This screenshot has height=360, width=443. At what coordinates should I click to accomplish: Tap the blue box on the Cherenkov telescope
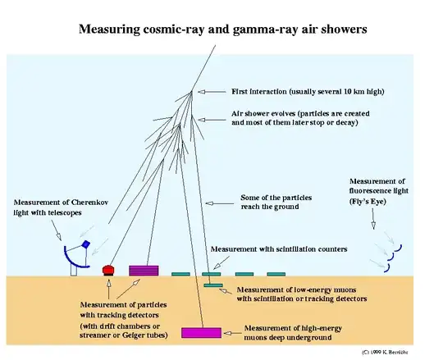84,245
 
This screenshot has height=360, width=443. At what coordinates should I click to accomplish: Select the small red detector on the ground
107,270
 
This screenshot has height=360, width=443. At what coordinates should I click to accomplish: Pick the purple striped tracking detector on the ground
144,270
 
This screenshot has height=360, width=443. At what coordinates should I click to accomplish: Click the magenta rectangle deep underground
201,332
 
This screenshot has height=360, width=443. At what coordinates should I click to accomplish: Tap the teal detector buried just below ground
213,285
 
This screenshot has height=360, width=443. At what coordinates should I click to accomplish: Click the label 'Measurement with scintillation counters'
279,248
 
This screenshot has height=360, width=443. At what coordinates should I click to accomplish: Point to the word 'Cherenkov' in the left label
94,203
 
